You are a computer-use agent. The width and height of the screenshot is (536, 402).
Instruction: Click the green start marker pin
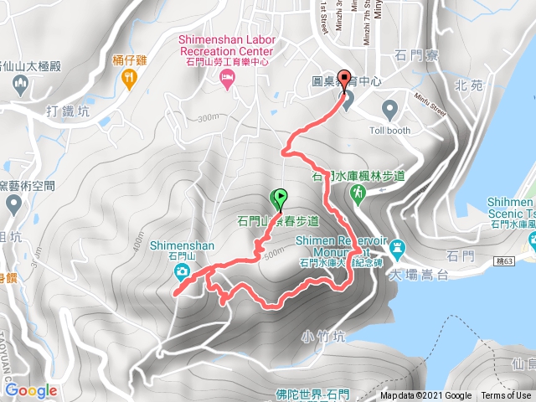click(x=279, y=199)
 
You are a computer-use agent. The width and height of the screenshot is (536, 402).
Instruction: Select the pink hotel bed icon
click(x=226, y=78)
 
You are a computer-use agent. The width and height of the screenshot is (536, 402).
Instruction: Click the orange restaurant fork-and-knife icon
click(x=128, y=79)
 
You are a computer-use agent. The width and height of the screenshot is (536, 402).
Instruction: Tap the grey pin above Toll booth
click(x=390, y=108)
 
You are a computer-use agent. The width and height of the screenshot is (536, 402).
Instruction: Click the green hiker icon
click(x=358, y=193)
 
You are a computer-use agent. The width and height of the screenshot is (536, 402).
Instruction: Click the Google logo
click(x=31, y=390)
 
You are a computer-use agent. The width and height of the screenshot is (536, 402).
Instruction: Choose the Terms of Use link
click(x=506, y=396)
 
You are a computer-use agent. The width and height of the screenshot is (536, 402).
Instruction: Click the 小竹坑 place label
click(x=321, y=337)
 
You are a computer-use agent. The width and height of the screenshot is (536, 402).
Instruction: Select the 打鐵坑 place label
click(x=69, y=111)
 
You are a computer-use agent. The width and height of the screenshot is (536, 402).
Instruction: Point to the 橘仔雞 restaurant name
click(x=128, y=60)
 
